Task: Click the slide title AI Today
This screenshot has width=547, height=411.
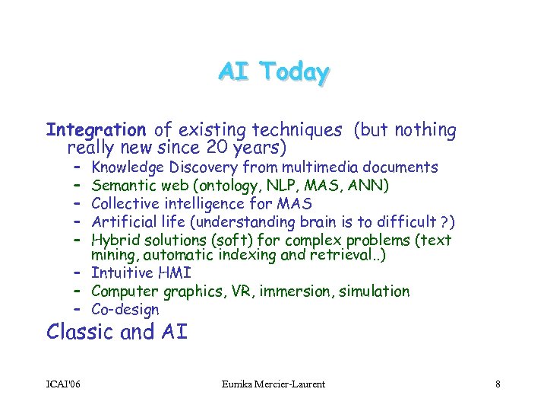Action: pyautogui.click(x=273, y=72)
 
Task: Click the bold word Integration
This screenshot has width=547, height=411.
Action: pyautogui.click(x=96, y=131)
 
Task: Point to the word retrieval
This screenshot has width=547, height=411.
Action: pyautogui.click(x=345, y=255)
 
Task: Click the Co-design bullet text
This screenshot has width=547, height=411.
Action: pyautogui.click(x=125, y=310)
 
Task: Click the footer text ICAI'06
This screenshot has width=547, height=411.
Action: pyautogui.click(x=64, y=384)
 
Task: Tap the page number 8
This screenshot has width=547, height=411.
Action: pyautogui.click(x=497, y=384)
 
